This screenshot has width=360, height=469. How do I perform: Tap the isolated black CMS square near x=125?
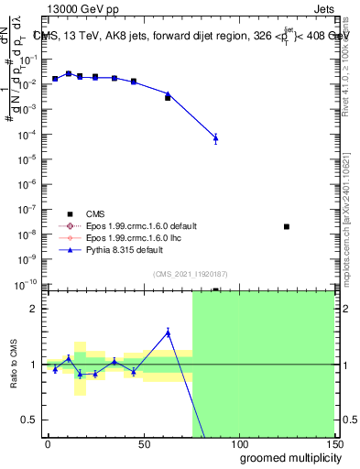287,226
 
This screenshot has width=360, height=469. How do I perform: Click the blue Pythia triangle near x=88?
215,138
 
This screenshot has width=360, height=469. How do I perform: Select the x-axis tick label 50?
143,442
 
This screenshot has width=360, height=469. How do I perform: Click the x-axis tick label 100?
238,442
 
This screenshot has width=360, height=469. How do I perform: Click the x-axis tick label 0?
48,442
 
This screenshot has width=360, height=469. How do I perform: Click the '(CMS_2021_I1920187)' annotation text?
191,273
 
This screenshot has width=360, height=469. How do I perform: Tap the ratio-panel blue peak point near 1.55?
168,333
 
